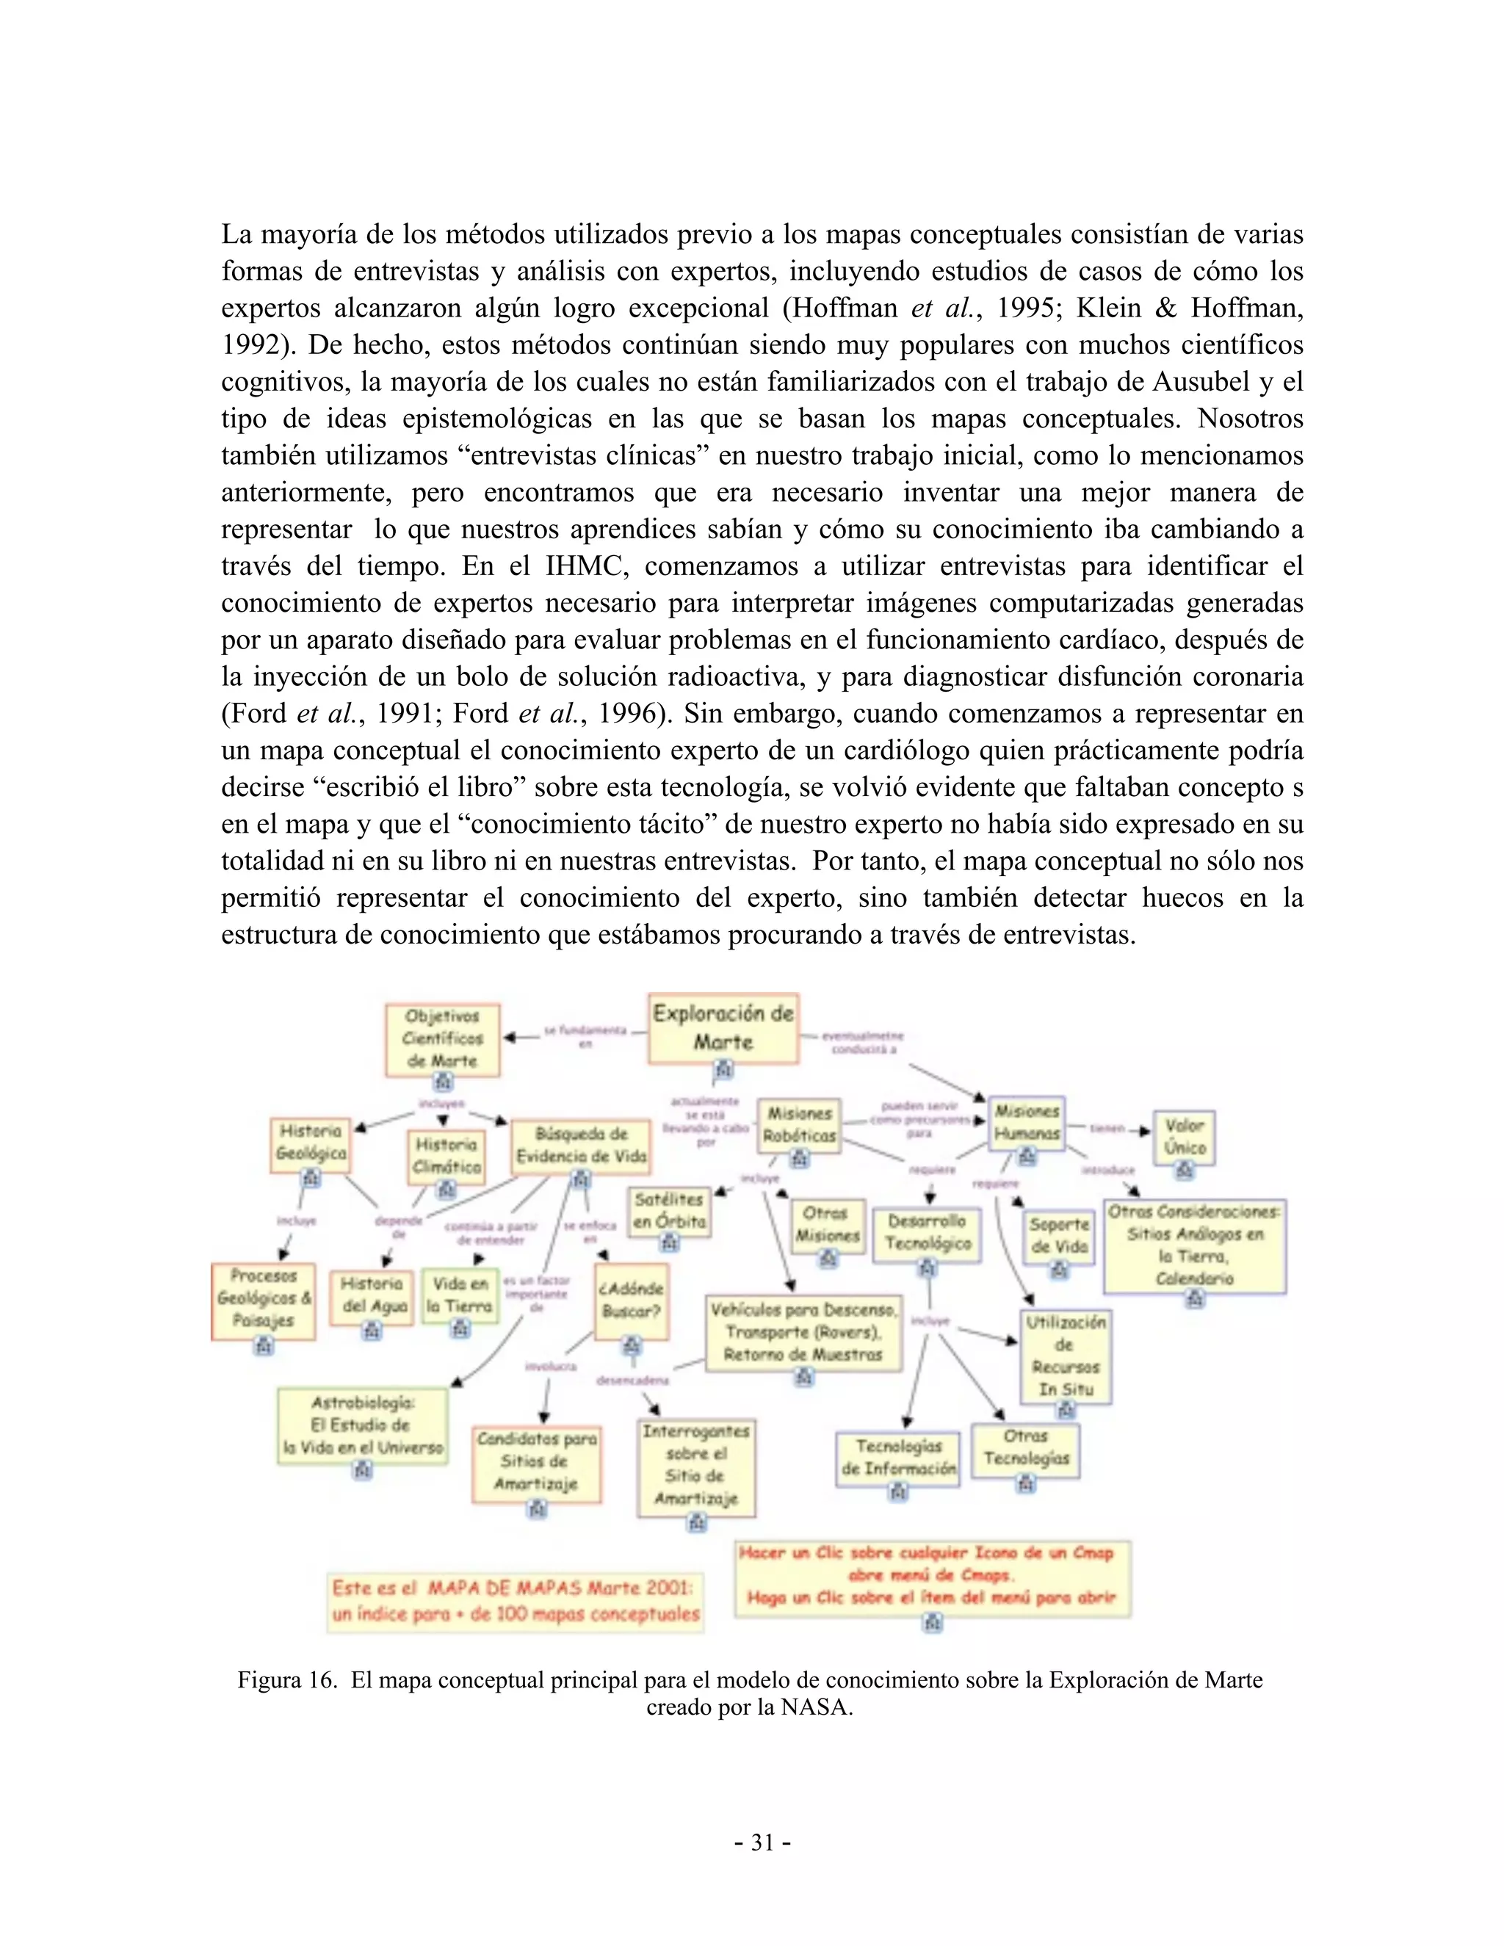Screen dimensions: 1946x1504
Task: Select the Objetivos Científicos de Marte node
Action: pos(443,1039)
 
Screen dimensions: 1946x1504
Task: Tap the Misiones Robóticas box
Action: pos(799,1124)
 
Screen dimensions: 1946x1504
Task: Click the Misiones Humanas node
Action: pos(1027,1123)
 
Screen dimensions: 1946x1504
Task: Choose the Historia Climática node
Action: pos(446,1156)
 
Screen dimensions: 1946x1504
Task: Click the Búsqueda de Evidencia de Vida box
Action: pos(581,1145)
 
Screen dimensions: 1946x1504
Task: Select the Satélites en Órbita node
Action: pos(669,1210)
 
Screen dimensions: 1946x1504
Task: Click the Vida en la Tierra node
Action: pos(459,1295)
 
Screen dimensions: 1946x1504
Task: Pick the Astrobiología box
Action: pos(363,1425)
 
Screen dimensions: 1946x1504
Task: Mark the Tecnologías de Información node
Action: pos(898,1457)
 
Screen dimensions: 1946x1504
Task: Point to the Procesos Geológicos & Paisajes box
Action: pos(264,1298)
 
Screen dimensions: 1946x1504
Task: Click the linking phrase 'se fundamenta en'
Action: pos(585,1036)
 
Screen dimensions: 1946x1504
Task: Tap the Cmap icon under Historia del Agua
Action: pos(372,1331)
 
